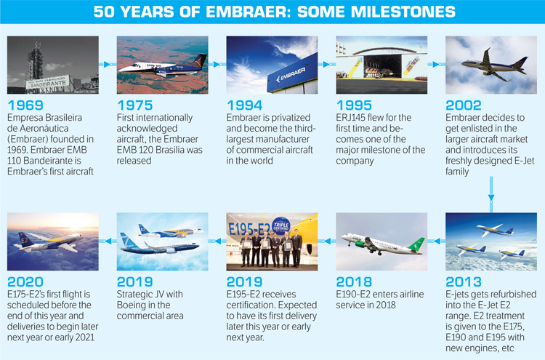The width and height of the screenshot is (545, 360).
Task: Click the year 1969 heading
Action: [25, 105]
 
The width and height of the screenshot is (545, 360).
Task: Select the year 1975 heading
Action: [135, 105]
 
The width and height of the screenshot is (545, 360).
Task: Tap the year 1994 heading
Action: [244, 105]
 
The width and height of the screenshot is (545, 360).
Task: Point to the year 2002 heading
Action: [464, 105]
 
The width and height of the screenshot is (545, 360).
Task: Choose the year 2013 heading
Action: [464, 281]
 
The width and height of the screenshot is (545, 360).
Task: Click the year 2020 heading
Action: [25, 281]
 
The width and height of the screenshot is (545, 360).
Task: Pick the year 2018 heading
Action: [354, 281]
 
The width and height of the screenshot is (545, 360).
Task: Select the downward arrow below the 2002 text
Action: [491, 194]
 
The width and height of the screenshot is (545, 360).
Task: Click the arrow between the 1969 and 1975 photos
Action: [108, 64]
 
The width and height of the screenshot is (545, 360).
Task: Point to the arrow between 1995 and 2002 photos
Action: [436, 64]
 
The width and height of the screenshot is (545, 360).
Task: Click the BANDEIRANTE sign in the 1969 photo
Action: [47, 82]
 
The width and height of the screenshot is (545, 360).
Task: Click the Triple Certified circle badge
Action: [280, 225]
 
